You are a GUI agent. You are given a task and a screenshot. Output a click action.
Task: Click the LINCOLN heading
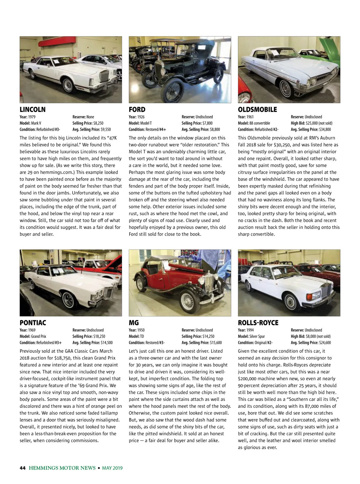click(x=33, y=110)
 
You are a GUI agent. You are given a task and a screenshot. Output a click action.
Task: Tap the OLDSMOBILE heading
click(x=257, y=110)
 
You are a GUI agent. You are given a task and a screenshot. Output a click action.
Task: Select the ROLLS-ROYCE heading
click(x=258, y=323)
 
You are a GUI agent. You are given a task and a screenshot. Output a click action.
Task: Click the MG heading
click(x=134, y=323)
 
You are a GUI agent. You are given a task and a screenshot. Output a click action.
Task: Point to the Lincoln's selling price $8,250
click(x=98, y=123)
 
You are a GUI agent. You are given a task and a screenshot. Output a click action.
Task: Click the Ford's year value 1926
click(x=141, y=117)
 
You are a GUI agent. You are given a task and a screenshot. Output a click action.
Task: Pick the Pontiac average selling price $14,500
click(x=107, y=343)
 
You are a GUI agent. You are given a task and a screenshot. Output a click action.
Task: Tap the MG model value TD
click(x=142, y=336)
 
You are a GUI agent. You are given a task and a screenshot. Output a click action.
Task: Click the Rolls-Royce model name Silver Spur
click(x=257, y=336)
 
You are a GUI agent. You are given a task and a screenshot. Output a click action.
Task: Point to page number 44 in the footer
click(x=22, y=468)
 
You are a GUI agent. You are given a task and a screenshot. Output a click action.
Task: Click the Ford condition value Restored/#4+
click(x=156, y=129)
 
